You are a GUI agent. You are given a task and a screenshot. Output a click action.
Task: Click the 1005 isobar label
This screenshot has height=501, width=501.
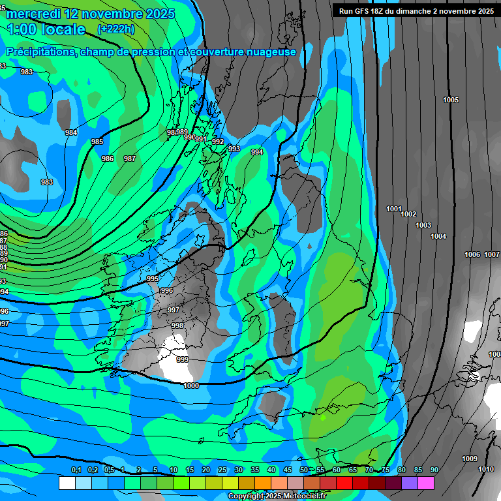point(451,100)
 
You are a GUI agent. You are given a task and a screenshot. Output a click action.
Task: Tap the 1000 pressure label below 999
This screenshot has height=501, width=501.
point(191,386)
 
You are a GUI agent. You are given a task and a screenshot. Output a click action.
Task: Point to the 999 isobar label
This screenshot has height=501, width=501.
point(183,359)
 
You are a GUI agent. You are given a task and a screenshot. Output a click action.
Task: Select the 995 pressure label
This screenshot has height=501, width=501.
point(153,279)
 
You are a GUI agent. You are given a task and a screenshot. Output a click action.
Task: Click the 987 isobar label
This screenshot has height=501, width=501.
point(130,159)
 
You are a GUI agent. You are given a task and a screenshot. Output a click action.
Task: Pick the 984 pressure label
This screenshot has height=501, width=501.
point(71,132)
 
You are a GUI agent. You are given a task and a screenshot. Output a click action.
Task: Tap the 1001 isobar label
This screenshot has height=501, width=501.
point(393,209)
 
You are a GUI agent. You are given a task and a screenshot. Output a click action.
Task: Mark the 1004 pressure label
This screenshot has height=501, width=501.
point(438,236)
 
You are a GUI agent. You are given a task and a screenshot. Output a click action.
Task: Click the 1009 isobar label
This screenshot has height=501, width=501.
point(470,459)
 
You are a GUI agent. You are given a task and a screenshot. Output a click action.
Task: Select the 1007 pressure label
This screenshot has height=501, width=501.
point(492,254)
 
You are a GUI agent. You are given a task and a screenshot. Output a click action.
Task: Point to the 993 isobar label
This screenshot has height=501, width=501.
point(234,149)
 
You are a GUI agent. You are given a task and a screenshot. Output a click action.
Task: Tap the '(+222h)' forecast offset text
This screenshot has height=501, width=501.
point(115,29)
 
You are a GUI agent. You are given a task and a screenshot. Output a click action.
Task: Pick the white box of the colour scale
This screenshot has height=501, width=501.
point(67,483)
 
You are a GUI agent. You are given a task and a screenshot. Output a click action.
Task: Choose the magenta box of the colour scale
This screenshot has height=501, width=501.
point(426,483)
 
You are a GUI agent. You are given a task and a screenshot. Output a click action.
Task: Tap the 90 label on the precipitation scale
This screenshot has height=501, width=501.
point(434,470)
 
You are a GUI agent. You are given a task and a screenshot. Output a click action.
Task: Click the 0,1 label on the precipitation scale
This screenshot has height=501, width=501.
point(76,470)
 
